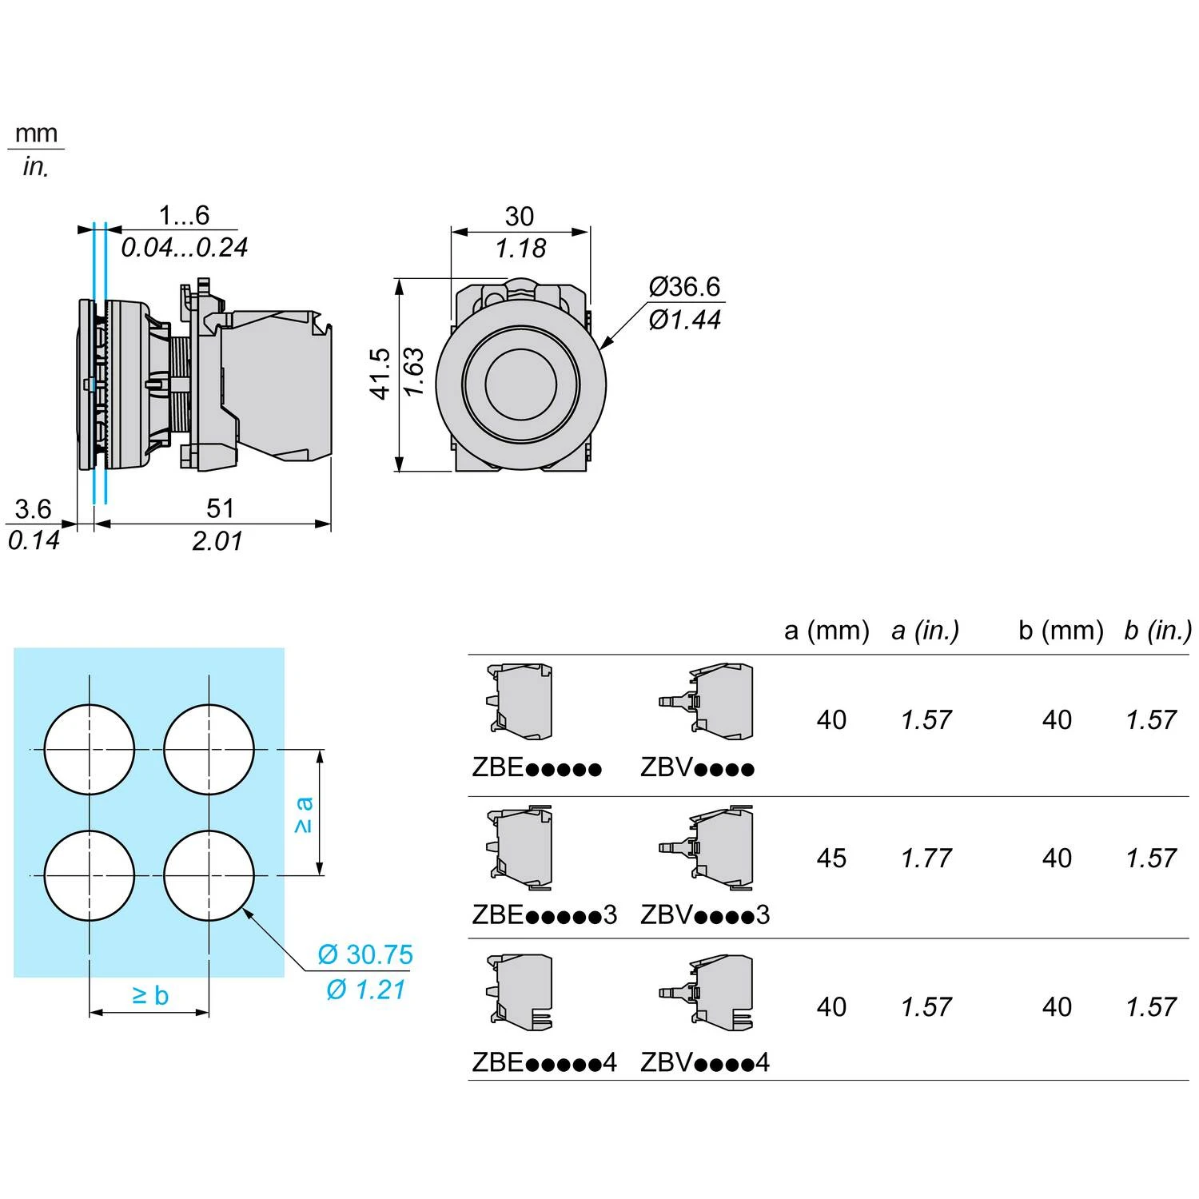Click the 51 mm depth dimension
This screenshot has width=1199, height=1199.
point(220,508)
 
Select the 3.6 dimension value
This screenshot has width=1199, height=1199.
point(33,509)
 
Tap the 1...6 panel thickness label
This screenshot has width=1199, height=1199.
point(184,215)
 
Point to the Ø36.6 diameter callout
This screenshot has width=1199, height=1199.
point(684,286)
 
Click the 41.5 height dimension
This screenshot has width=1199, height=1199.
point(380,373)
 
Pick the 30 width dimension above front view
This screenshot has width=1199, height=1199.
point(520,217)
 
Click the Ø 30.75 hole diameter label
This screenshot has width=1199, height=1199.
point(365,954)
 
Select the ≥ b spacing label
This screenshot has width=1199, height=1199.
point(150,995)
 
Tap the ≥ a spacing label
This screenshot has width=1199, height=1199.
point(304,815)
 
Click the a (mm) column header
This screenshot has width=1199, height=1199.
point(827,631)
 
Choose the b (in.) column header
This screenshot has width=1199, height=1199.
point(1157,631)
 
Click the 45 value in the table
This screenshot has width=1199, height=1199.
point(831,858)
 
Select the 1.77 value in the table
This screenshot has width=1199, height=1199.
point(926,858)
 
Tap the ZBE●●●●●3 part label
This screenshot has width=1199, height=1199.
point(544,914)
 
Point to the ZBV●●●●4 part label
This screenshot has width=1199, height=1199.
point(705,1062)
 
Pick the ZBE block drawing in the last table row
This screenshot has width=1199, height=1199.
point(520,991)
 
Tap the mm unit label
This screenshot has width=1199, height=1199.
point(37,133)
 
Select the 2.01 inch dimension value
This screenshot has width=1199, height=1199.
point(217,541)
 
